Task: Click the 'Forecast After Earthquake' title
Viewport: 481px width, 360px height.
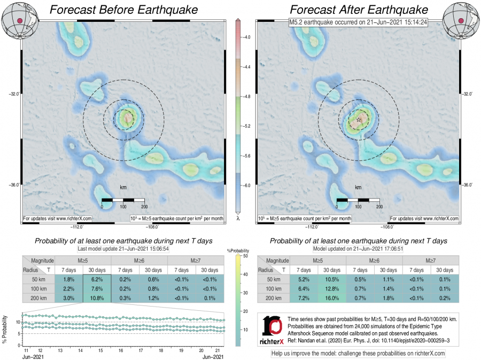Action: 359,10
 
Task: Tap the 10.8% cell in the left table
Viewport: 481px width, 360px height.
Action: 97,297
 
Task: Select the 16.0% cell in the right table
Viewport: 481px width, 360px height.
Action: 332,297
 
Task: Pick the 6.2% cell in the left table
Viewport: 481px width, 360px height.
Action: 97,279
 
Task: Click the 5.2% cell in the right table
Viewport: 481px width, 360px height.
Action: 304,279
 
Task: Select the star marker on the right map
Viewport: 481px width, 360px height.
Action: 359,120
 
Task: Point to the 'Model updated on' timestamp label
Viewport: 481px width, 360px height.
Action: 359,249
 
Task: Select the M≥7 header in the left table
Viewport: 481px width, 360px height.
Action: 195,260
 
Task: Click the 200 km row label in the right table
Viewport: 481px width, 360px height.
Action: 273,297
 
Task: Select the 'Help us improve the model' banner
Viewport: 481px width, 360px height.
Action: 358,353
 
